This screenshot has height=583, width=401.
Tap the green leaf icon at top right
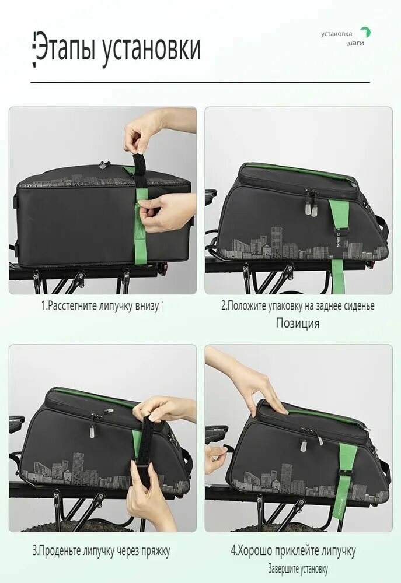click(365, 32)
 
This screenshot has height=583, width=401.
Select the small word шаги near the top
click(355, 43)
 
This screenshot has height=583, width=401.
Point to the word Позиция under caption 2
click(298, 323)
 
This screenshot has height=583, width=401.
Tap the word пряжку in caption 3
click(155, 552)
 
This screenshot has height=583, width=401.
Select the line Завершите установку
click(298, 568)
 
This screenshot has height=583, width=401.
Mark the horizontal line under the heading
click(200, 82)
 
